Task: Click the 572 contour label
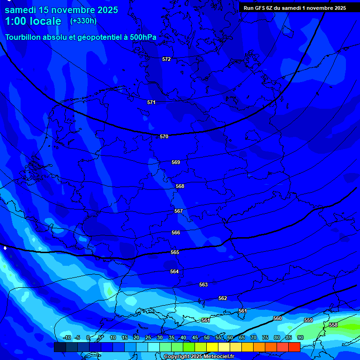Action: (166, 59)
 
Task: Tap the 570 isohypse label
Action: (164, 136)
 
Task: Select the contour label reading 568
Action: (180, 186)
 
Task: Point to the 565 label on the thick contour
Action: (175, 252)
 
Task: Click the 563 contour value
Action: (203, 285)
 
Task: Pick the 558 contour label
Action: (333, 325)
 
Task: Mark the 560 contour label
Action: (277, 318)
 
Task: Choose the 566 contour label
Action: (176, 232)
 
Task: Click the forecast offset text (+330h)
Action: (83, 21)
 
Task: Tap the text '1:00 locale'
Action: (33, 21)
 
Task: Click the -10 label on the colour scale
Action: (67, 337)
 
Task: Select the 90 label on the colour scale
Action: (300, 337)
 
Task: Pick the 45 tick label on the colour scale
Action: (195, 337)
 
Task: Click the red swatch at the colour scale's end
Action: (294, 347)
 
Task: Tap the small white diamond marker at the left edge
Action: (5, 247)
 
